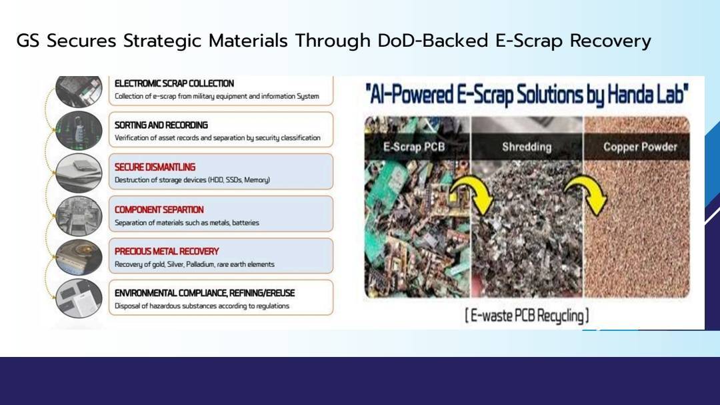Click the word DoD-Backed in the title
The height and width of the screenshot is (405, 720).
coord(433,41)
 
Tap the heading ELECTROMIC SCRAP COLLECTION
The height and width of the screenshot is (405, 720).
coord(174,83)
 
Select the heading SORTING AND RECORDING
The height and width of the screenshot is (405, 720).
coord(161,125)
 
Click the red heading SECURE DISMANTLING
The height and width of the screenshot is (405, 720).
coord(155,167)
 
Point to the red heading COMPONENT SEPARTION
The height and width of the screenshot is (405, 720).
coord(159,210)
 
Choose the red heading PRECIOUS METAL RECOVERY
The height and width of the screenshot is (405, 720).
coord(167,252)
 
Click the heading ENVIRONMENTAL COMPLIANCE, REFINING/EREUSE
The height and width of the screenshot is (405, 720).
coord(205,293)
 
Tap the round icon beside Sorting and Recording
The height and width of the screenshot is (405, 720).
coord(79,130)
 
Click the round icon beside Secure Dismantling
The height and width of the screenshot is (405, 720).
coord(79,172)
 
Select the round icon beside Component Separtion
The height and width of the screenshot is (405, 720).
coord(79,215)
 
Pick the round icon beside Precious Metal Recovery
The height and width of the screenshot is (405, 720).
coord(79,257)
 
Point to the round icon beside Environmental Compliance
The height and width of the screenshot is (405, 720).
coord(79,299)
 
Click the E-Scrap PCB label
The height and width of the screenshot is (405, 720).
coord(414,147)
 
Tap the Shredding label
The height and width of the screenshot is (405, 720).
coord(527,147)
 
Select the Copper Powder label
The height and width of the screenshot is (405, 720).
coord(640,147)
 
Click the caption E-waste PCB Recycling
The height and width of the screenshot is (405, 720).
coord(527,316)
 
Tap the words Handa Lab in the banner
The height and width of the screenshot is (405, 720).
coord(648,94)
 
